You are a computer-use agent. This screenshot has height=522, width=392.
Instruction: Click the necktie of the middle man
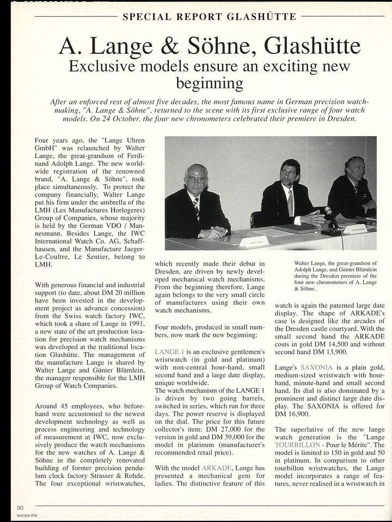tap(290, 202)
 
